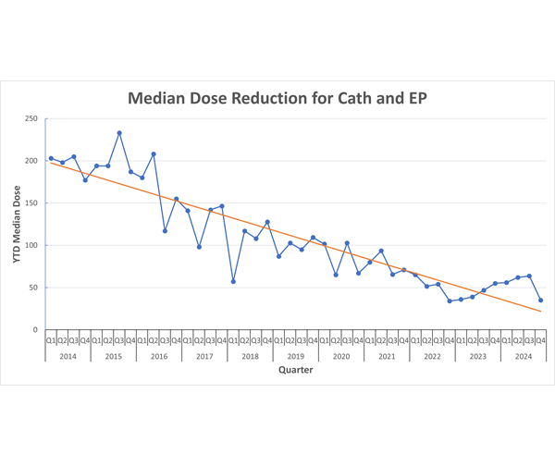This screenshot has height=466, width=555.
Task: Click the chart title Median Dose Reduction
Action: pos(277,97)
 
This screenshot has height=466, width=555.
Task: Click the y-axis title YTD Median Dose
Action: pos(18,224)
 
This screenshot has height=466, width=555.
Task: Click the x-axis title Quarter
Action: pos(295,370)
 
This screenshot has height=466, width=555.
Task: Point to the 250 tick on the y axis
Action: pos(31,118)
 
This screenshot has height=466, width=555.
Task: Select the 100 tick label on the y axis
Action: pos(31,245)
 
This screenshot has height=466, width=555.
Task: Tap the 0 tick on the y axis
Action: pos(35,330)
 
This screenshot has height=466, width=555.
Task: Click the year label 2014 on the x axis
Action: pos(68,355)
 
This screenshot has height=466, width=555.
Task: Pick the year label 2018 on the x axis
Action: pos(250,355)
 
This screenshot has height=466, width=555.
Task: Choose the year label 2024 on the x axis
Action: pos(524,355)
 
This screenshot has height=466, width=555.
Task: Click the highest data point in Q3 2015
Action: pos(119,133)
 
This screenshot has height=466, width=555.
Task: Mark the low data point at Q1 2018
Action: pos(233,281)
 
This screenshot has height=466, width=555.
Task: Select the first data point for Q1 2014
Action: pos(51,158)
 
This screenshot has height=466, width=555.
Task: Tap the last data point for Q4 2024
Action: pos(541,300)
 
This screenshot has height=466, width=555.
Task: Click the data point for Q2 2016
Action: pos(154,154)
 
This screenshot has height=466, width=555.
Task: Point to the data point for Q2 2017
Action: pos(199,247)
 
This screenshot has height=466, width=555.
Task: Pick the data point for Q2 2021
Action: pos(381,251)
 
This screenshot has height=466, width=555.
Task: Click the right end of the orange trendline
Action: pos(541,312)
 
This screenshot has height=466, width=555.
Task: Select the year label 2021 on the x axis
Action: pos(387,355)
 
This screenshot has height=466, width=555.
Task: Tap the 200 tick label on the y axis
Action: pos(31,161)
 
